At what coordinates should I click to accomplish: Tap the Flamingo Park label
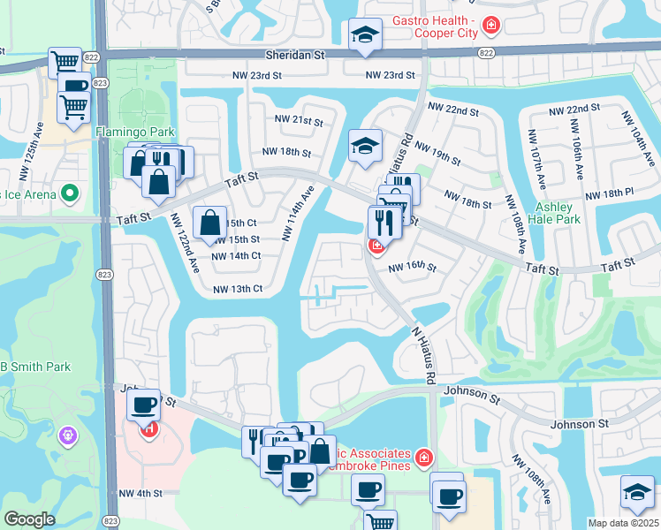[x=125, y=132]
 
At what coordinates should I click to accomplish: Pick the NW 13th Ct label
[x=238, y=289]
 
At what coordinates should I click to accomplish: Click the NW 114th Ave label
[x=298, y=214]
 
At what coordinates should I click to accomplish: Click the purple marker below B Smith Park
[x=69, y=435]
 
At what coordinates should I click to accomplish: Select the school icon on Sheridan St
[x=362, y=34]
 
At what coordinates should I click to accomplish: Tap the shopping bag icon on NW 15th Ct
[x=211, y=222]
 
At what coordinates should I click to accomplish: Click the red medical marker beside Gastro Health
[x=491, y=26]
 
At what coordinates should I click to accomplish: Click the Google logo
[x=29, y=519]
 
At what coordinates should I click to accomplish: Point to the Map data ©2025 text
[x=624, y=523]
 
